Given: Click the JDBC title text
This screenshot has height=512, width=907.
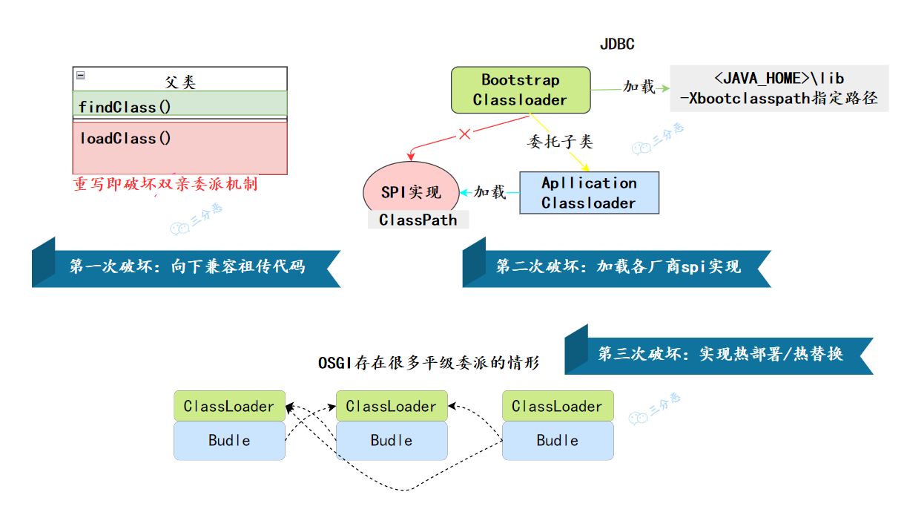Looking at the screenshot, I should [x=617, y=45].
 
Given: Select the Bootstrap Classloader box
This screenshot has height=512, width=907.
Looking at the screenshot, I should [x=521, y=90].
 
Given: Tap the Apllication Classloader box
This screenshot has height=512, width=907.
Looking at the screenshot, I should [x=589, y=193].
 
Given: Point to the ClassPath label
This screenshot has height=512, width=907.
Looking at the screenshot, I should [x=418, y=220].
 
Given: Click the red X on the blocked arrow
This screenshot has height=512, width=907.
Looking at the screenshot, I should [x=465, y=134].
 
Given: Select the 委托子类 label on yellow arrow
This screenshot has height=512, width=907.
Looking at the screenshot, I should [x=560, y=141].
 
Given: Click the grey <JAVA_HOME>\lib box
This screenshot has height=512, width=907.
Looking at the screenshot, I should [x=779, y=88].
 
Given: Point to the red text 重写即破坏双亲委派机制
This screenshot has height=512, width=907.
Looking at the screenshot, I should [x=165, y=184].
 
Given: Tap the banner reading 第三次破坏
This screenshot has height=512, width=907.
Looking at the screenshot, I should [x=720, y=354].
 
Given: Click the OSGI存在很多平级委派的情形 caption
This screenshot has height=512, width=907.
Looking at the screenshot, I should [x=429, y=363].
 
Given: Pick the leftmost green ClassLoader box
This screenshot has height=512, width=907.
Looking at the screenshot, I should [x=229, y=406].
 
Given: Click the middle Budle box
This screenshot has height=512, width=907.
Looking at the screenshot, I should [x=392, y=440].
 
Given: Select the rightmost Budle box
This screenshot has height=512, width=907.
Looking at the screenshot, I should [x=558, y=440].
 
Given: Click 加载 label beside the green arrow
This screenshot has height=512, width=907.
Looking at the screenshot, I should [x=639, y=88].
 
